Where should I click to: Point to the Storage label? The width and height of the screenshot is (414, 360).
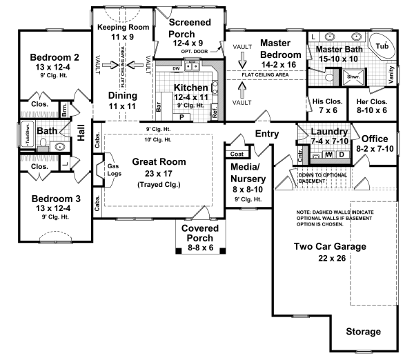click(x=363, y=332)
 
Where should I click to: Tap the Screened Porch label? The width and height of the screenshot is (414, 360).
click(x=190, y=27)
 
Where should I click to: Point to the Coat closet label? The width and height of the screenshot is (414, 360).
click(x=236, y=154)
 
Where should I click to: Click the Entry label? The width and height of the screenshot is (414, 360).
click(x=268, y=134)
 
